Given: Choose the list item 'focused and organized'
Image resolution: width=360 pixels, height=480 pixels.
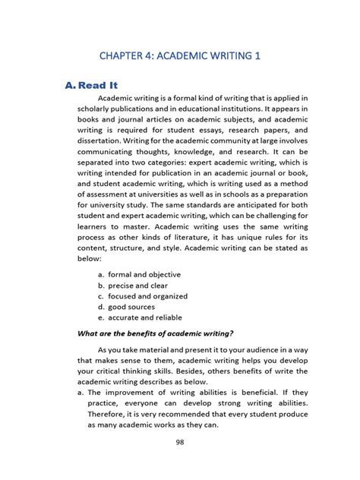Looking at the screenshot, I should [x=147, y=296].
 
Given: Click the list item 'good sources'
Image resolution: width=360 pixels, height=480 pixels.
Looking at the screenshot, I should [x=132, y=307].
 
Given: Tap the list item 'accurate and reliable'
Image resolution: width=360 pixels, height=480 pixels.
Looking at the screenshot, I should [x=145, y=317].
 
